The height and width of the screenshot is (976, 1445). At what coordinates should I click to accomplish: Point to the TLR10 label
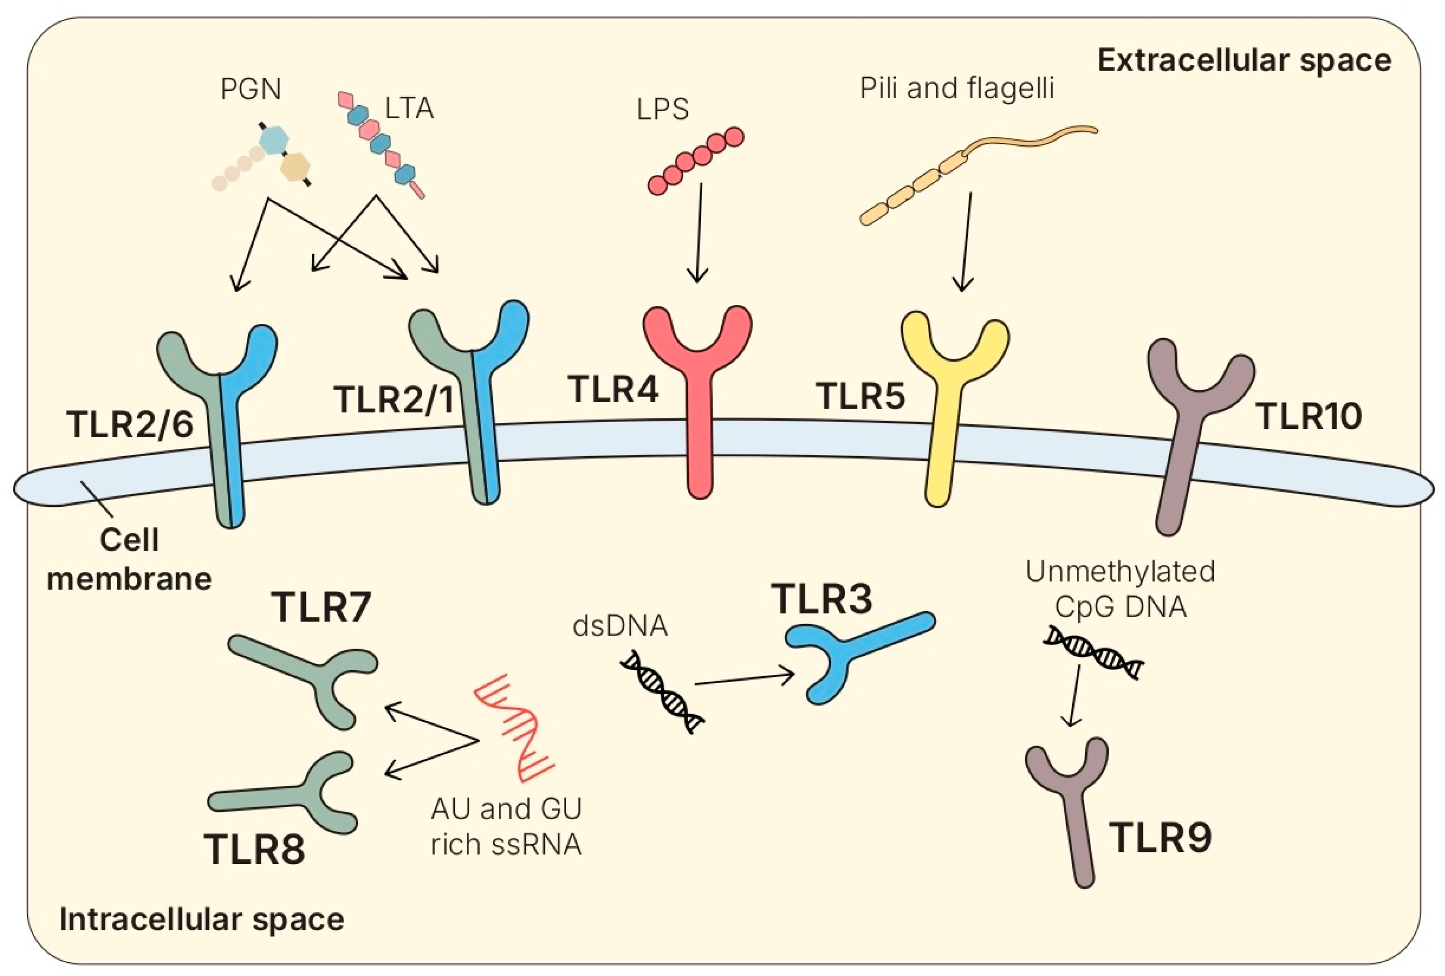tap(1309, 417)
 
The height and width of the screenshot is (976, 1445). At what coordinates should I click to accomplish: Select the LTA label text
tap(408, 109)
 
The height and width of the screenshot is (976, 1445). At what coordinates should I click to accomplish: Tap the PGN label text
tap(251, 89)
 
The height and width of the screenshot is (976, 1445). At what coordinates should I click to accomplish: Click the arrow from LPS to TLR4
tap(699, 233)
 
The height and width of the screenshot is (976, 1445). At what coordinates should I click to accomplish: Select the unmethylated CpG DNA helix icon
tap(1093, 653)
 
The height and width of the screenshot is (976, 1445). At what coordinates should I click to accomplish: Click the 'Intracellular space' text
tap(202, 919)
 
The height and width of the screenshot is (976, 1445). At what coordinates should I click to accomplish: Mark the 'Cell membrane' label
tap(129, 559)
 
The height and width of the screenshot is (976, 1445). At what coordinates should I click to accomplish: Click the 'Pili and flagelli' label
tap(956, 88)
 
